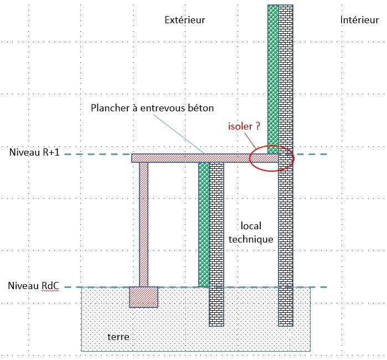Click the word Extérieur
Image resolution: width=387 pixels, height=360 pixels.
(x=185, y=20)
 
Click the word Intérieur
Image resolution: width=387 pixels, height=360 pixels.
(x=359, y=20)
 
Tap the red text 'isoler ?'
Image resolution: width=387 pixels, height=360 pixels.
(x=244, y=126)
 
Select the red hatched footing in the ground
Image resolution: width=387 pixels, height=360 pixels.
(x=143, y=297)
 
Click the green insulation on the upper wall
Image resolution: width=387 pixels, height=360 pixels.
(x=273, y=78)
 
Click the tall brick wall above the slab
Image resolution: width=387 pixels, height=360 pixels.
(x=286, y=78)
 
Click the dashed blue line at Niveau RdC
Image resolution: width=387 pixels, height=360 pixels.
(x=249, y=287)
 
